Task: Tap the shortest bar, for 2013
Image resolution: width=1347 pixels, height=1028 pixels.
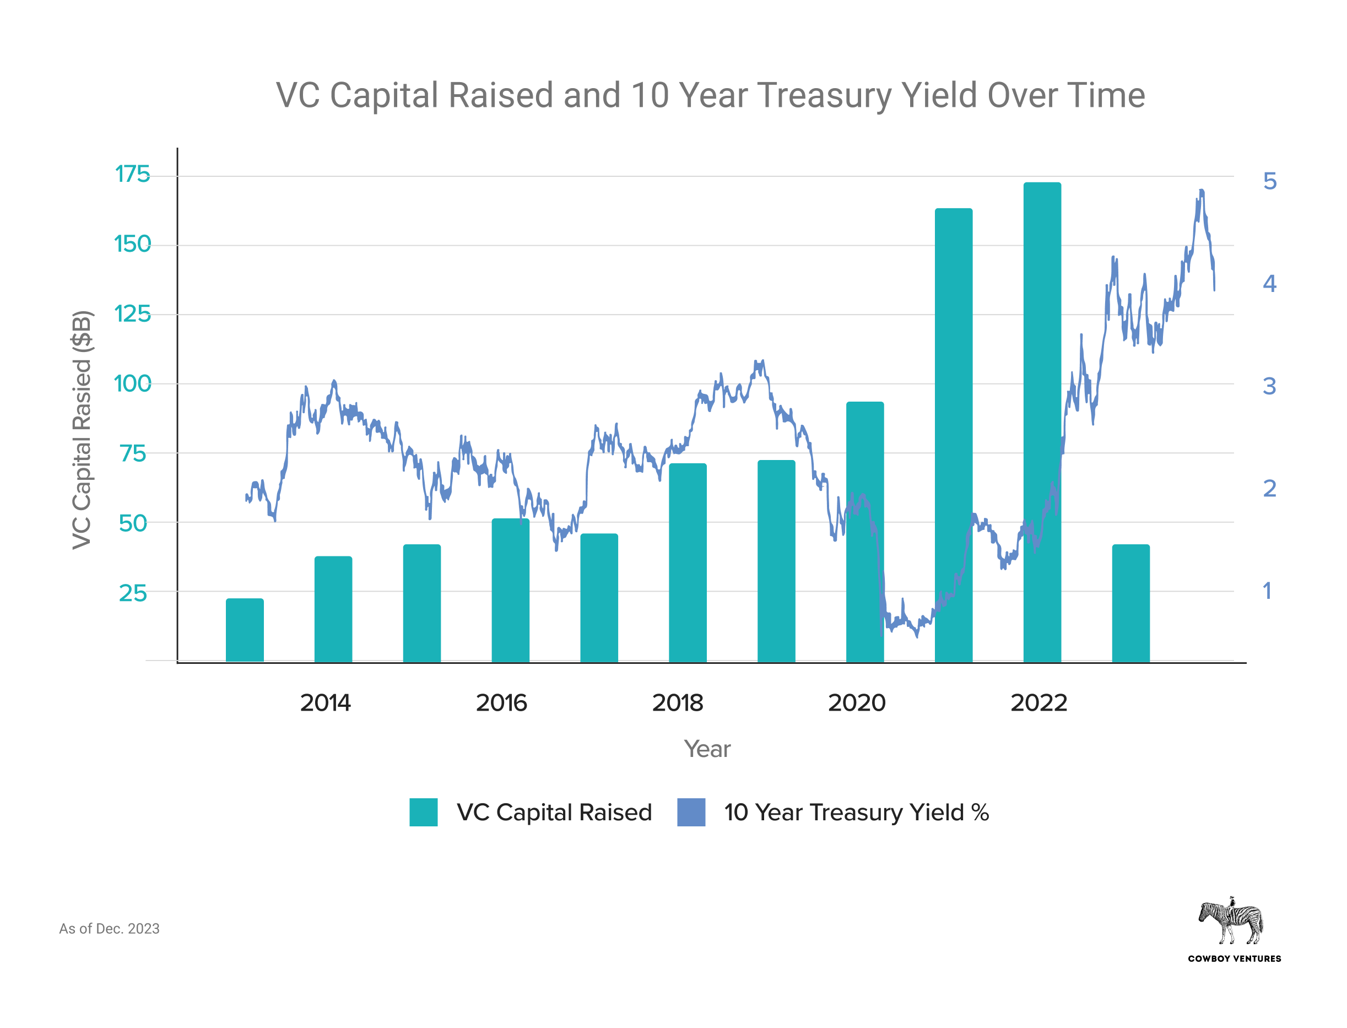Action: (x=245, y=630)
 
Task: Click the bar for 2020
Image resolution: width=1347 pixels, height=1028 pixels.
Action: (x=864, y=532)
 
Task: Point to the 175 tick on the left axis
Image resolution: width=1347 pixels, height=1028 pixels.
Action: (x=132, y=175)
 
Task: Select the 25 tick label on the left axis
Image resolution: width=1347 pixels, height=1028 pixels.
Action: (x=133, y=593)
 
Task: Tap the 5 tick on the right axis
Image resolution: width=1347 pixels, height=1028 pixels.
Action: (x=1269, y=181)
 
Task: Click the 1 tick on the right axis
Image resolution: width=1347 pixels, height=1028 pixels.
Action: (x=1267, y=591)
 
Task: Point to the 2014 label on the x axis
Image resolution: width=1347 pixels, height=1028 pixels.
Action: (x=325, y=702)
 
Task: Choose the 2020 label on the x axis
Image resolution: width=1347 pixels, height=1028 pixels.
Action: (x=857, y=702)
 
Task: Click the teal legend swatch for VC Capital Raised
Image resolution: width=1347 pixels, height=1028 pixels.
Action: (x=423, y=812)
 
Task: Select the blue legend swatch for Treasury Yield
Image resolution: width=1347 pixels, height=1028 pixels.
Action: (x=691, y=812)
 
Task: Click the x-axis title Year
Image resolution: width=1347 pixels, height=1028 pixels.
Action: (x=707, y=749)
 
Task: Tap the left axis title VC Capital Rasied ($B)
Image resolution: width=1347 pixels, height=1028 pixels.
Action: (x=82, y=430)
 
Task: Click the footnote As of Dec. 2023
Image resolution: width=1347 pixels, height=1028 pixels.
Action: (x=109, y=928)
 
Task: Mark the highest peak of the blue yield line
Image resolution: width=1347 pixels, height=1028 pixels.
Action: (x=1202, y=191)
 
